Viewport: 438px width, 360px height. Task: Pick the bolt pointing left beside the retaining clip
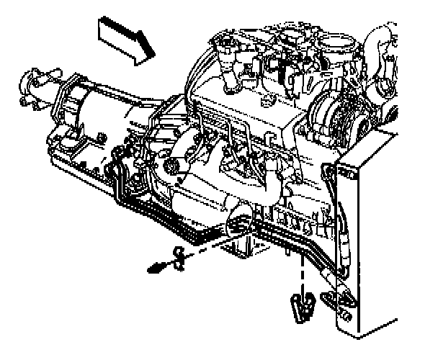(154, 268)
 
